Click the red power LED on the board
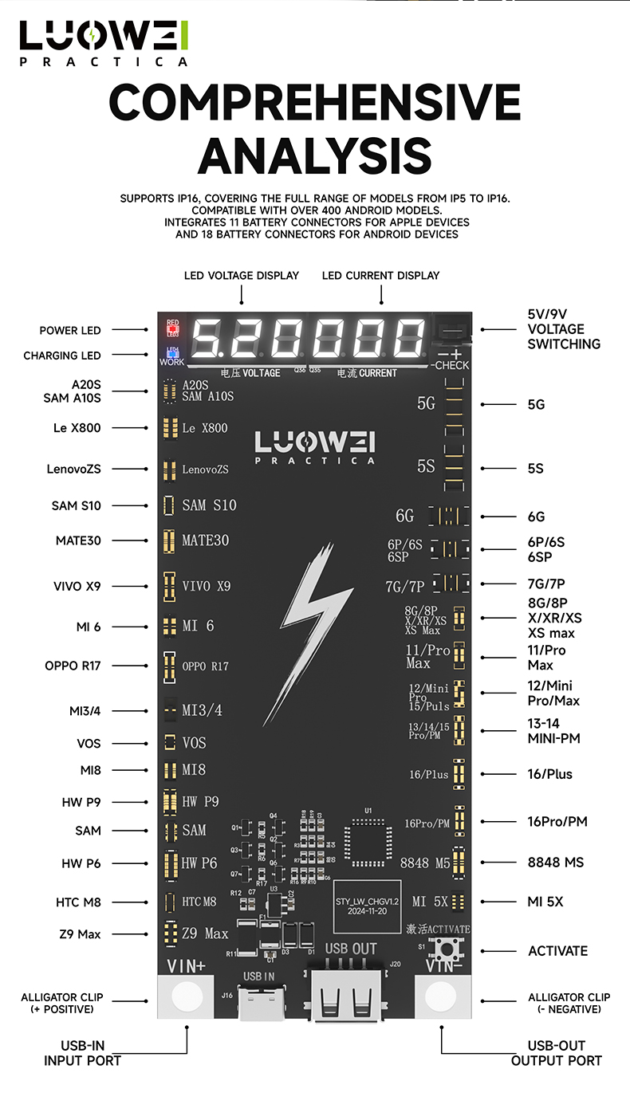click(x=172, y=328)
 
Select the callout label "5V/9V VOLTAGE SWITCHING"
click(x=564, y=329)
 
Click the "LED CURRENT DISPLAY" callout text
click(x=380, y=276)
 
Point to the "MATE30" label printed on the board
click(x=205, y=540)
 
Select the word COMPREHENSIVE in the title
click(x=314, y=103)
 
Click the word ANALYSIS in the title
click(x=314, y=155)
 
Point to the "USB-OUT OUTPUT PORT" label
click(x=556, y=1053)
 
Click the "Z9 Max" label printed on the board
click(x=205, y=933)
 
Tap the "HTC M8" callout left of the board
click(x=78, y=902)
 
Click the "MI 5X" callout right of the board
click(x=545, y=902)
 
